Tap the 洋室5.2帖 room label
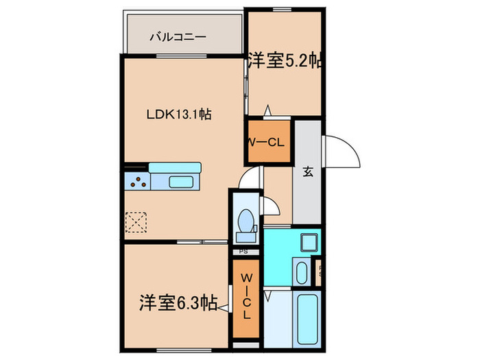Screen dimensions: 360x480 pyautogui.click(x=285, y=60)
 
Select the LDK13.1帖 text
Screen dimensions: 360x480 pyautogui.click(x=178, y=115)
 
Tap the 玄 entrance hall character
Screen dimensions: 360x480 pyautogui.click(x=309, y=172)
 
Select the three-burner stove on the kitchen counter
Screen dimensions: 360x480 pyautogui.click(x=137, y=182)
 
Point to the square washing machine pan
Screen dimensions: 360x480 pyautogui.click(x=308, y=242)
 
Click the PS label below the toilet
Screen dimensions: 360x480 pyautogui.click(x=244, y=252)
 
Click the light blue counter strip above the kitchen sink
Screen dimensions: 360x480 pyautogui.click(x=174, y=168)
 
